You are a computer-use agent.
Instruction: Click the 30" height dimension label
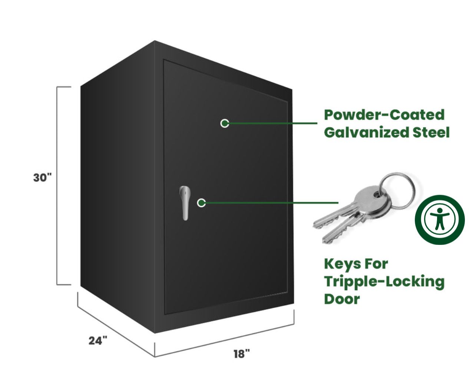[42, 178]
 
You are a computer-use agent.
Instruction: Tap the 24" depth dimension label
[98, 341]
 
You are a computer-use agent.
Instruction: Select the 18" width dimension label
[242, 354]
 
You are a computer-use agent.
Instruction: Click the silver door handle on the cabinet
[185, 203]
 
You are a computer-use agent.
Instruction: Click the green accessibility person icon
[440, 220]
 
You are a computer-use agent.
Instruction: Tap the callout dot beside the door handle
[201, 203]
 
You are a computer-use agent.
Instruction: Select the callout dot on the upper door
[225, 123]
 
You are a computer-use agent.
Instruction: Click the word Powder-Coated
[384, 115]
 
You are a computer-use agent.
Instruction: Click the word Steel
[431, 132]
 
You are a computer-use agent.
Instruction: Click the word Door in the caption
[342, 299]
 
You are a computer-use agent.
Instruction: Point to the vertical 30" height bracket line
[57, 186]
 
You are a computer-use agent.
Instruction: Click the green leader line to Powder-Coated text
[273, 123]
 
